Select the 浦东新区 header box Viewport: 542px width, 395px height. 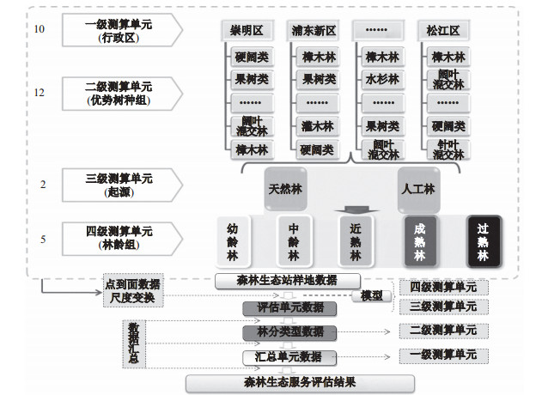pos(314,31)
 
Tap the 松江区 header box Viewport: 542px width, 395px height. pos(443,31)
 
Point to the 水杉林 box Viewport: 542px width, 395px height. pos(381,79)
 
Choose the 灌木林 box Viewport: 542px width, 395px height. pos(314,126)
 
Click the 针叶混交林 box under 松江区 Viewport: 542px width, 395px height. pos(448,149)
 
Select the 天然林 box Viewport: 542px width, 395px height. pos(285,189)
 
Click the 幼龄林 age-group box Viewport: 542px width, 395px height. pos(233,243)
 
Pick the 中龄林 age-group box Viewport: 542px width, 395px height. pos(294,243)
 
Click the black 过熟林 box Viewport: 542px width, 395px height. pos(483,243)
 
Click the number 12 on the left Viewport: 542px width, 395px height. pos(40,92)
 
